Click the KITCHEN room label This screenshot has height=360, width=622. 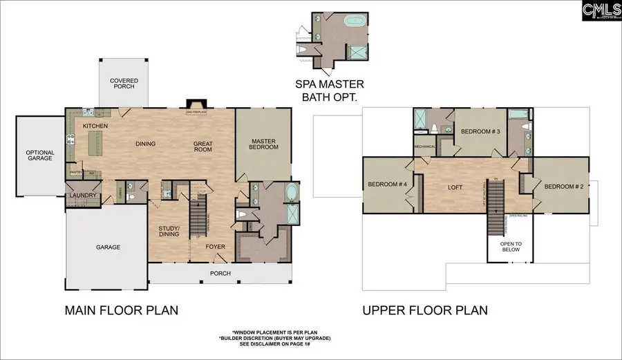[x=95, y=126]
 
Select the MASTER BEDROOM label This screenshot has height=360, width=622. [x=264, y=143]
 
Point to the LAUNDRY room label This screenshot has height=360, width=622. [x=82, y=196]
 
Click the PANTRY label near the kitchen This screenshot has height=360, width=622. [x=76, y=173]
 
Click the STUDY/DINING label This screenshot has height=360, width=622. [x=169, y=230]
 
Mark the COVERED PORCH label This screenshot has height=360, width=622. [x=124, y=84]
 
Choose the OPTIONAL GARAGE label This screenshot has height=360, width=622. [x=40, y=156]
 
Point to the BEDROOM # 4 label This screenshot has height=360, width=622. [x=387, y=184]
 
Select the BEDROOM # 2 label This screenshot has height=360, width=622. [x=563, y=187]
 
